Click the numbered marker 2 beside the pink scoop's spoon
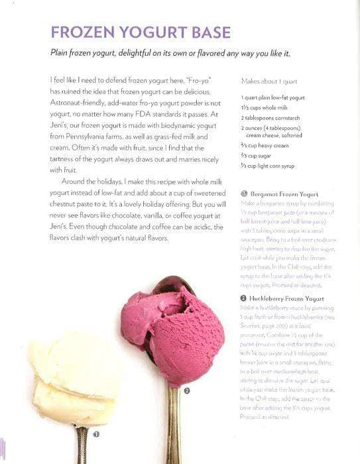pyautogui.click(x=187, y=391)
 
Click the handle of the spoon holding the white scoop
pyautogui.click(x=81, y=447)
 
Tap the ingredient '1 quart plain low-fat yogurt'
pyautogui.click(x=272, y=97)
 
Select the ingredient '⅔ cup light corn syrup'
pyautogui.click(x=268, y=166)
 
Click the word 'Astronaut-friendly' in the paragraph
pyautogui.click(x=78, y=103)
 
